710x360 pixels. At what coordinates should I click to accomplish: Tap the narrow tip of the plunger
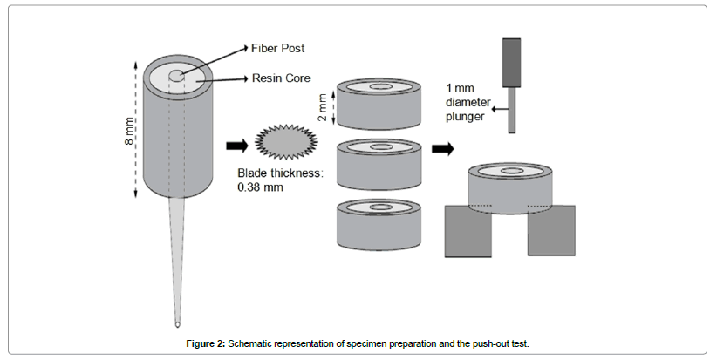point(512,118)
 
